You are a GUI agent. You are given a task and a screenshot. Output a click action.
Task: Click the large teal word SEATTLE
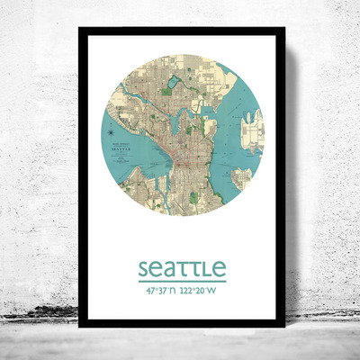pos(182,269)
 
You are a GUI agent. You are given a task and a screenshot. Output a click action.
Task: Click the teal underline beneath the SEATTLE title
pos(182,281)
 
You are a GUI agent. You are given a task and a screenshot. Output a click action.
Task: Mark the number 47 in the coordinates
pos(147,292)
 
